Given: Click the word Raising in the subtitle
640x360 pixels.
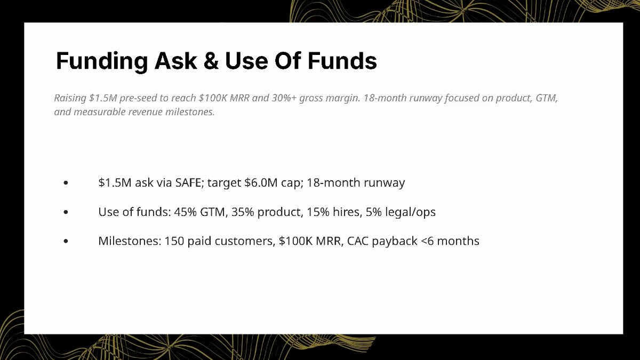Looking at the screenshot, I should tap(70, 99).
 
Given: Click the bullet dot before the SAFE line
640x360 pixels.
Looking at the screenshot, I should tap(66, 183).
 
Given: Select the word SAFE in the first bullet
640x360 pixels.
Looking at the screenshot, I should tap(189, 183).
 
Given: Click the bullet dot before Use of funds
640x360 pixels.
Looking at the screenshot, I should tap(66, 212).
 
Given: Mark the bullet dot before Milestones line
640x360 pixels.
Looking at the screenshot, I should tap(66, 241).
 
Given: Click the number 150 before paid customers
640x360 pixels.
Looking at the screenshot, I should tap(174, 241).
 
